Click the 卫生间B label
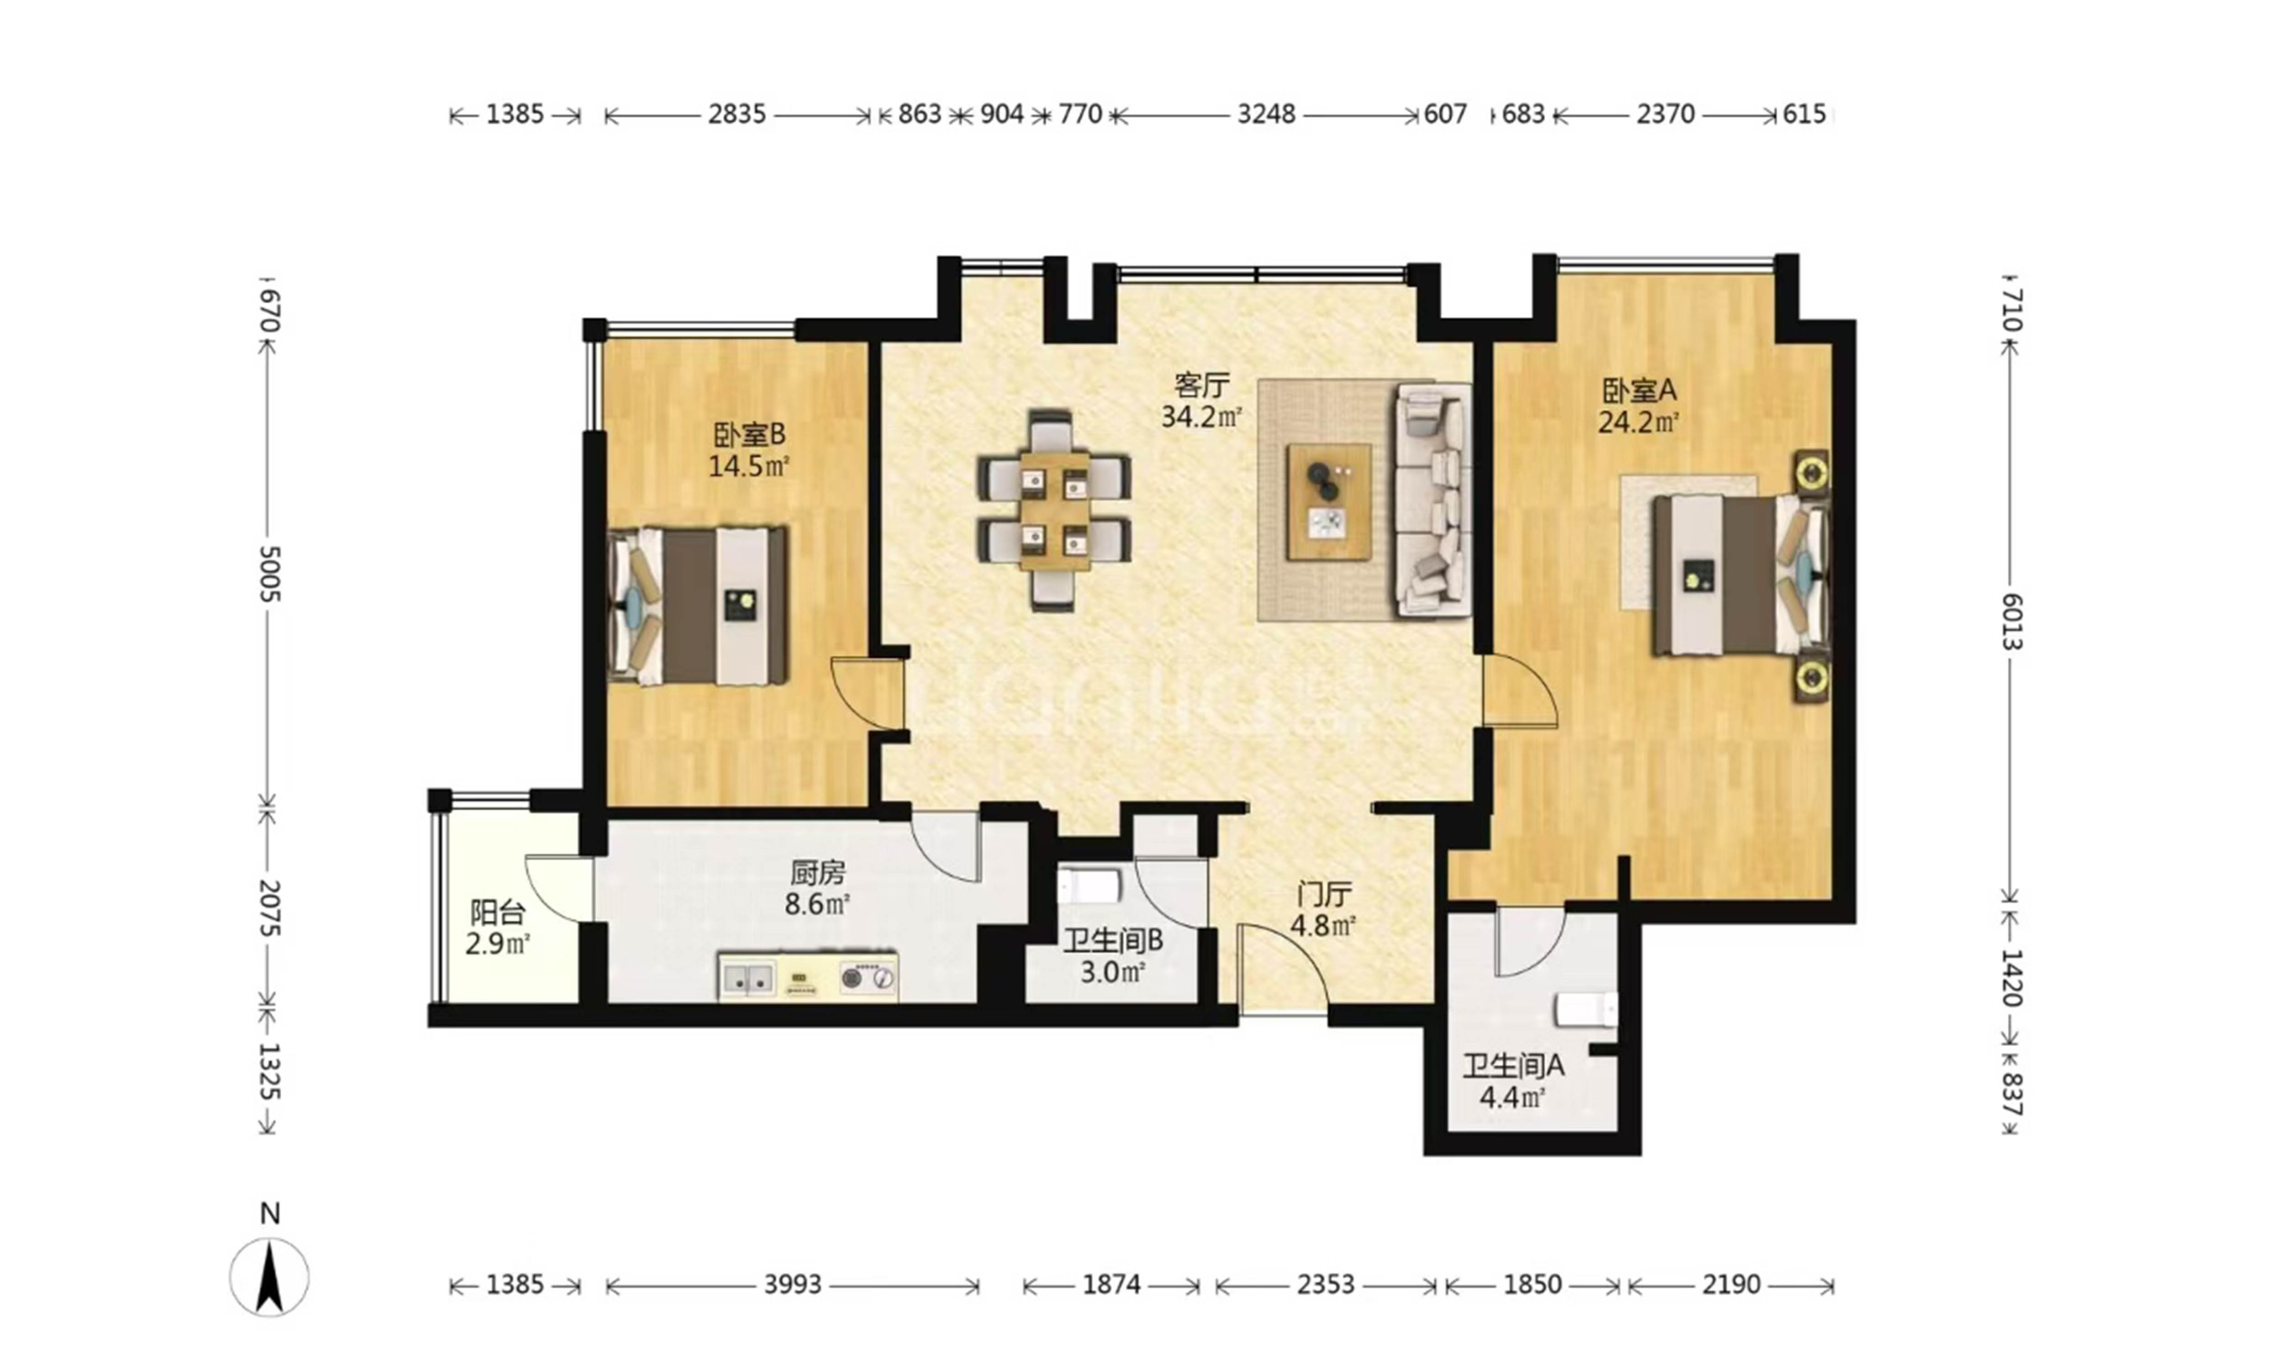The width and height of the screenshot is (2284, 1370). (1112, 941)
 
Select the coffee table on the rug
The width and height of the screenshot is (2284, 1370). (1328, 501)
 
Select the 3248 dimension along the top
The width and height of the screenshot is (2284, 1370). (1266, 115)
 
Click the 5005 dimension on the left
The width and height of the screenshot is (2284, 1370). (269, 573)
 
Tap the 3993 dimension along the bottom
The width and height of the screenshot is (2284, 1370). (792, 1284)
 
